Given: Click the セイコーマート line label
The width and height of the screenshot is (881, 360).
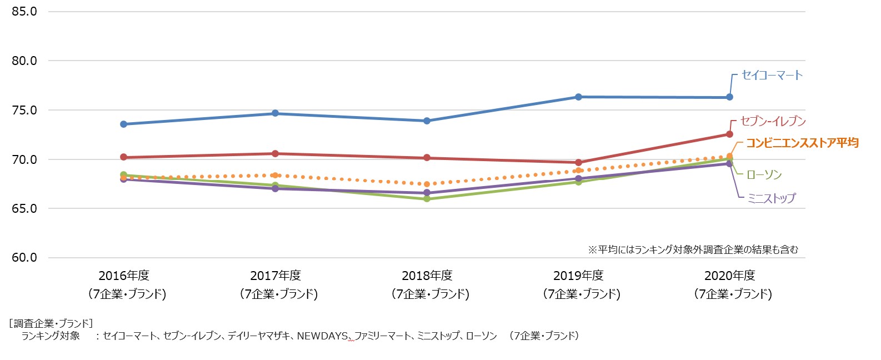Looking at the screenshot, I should click(772, 75).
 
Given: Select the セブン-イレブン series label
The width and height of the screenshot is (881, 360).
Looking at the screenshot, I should click(773, 121).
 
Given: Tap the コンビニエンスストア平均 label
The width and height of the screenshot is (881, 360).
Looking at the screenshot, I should click(802, 143).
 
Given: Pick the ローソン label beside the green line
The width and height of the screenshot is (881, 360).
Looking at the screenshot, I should click(764, 175).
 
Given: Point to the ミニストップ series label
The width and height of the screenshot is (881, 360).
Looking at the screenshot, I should click(771, 198).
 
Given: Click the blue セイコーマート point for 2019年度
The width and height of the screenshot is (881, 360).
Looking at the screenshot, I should click(578, 97).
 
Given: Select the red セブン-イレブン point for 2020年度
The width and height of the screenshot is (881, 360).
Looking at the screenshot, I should click(729, 134).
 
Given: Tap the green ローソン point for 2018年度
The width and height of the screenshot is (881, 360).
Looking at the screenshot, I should click(427, 198).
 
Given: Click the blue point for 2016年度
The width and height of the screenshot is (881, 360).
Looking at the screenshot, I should click(123, 124).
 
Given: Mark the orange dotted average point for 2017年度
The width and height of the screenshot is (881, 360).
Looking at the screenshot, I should click(275, 175).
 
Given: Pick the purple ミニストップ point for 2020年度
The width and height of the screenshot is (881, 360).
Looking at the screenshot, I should click(729, 164).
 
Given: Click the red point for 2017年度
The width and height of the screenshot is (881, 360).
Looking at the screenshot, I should click(275, 153).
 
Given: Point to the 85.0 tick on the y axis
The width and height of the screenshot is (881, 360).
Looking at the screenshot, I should click(24, 11).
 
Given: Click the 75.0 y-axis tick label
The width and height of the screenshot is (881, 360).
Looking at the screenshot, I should click(24, 110).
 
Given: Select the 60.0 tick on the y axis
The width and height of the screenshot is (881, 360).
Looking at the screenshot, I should click(24, 258).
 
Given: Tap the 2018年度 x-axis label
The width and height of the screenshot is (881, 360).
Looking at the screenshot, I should click(427, 276).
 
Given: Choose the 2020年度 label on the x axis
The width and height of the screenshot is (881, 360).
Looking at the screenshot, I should click(729, 276).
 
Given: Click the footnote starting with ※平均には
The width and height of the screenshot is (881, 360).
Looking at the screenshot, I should click(693, 249).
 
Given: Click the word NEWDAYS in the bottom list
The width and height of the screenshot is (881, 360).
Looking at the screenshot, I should click(322, 336).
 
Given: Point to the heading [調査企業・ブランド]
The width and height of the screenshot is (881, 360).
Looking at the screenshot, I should click(51, 323).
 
